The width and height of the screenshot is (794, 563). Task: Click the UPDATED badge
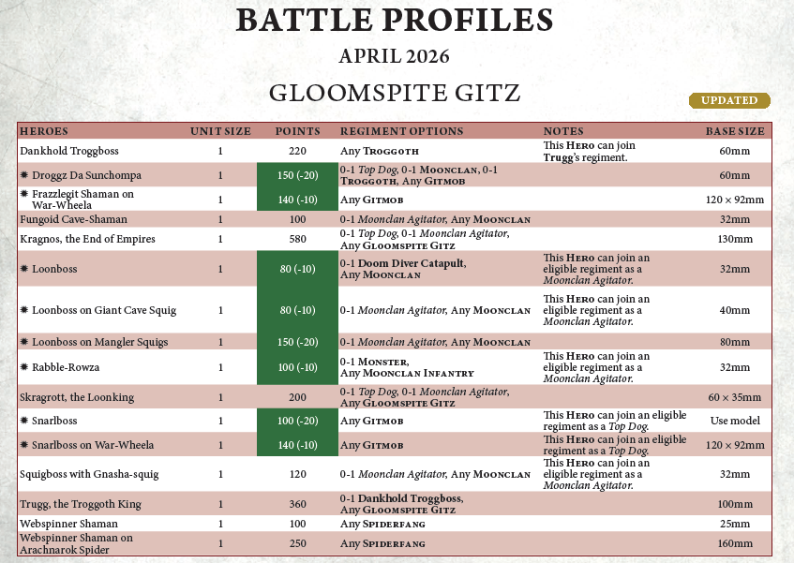click(x=729, y=100)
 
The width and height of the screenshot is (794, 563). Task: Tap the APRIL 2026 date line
click(x=394, y=56)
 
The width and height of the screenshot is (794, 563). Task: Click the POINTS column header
click(x=298, y=131)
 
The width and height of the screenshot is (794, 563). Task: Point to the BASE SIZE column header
click(x=735, y=131)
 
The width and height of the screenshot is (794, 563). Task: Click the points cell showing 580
click(x=298, y=239)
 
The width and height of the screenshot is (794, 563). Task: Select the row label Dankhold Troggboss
click(x=69, y=151)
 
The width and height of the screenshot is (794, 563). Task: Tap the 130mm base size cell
click(x=735, y=239)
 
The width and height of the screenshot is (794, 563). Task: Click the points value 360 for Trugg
click(x=298, y=504)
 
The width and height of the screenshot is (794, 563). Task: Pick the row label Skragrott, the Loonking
click(x=77, y=397)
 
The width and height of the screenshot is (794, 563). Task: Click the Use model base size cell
click(x=735, y=421)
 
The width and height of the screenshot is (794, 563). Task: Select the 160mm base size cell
click(x=735, y=543)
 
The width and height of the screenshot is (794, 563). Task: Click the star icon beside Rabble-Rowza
click(x=24, y=366)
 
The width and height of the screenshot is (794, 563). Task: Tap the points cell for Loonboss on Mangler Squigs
click(x=298, y=342)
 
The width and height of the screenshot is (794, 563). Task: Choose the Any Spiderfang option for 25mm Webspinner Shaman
click(x=383, y=523)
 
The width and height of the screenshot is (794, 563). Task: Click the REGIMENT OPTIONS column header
click(x=401, y=131)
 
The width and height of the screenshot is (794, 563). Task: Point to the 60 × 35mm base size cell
click(x=735, y=397)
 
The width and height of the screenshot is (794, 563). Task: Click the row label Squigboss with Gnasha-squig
click(x=89, y=474)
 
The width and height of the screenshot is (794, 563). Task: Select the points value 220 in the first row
click(x=298, y=151)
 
